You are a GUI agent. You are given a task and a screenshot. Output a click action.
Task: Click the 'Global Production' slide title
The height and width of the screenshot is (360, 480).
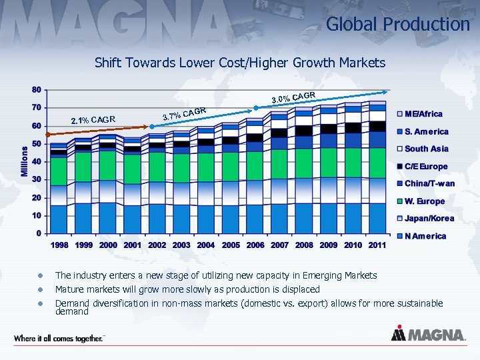click(x=397, y=25)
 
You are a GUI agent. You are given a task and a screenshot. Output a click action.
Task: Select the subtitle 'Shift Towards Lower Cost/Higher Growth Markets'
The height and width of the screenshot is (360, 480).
click(x=240, y=63)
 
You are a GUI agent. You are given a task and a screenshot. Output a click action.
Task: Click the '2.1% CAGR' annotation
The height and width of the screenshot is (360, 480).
click(x=93, y=120)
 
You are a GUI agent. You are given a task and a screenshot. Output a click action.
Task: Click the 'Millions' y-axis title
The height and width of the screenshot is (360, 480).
click(x=25, y=161)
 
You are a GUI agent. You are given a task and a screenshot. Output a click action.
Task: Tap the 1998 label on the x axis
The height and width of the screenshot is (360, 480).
click(x=60, y=245)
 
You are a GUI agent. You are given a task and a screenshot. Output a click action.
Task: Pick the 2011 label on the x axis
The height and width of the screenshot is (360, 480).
click(x=377, y=245)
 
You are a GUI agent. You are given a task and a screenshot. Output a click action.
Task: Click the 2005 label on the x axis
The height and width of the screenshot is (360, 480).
click(x=231, y=245)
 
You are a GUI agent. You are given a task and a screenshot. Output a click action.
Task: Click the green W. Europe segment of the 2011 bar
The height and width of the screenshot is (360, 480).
click(x=377, y=163)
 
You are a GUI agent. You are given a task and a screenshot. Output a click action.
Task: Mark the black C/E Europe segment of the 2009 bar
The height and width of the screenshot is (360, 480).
click(x=329, y=129)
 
